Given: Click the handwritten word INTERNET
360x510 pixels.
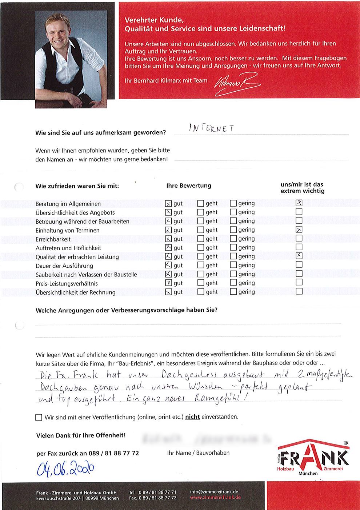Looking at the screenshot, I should click(211, 128).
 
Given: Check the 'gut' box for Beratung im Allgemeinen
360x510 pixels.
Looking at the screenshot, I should click(168, 204).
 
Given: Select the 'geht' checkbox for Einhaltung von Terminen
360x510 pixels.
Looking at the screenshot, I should click(200, 230).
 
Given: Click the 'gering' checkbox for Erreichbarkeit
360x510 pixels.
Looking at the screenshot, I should click(233, 239).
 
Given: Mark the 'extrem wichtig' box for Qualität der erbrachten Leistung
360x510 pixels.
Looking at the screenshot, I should click(299, 256).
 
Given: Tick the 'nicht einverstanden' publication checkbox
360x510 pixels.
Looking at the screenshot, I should click(39, 417).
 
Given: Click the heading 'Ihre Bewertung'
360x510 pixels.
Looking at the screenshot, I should click(189, 186).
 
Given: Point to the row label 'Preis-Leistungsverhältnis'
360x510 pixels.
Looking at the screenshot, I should click(67, 283).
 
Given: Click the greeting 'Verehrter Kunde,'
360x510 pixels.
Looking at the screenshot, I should click(154, 20).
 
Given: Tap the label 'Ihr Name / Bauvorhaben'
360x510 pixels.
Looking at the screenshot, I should click(198, 453).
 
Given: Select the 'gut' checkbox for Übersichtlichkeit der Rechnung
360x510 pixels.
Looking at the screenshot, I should click(168, 292).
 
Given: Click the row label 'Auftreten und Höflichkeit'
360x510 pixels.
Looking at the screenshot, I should click(68, 248).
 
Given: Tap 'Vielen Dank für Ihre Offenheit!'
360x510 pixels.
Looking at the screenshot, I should click(81, 435).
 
